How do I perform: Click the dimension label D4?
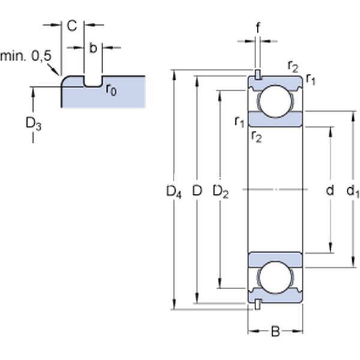173,192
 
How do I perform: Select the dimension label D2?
221,192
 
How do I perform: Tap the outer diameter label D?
197,191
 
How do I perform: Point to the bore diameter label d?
329,191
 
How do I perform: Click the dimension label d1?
353,192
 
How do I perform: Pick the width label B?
275,331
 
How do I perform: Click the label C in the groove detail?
71,25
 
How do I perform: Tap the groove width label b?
93,48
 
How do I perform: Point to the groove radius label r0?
110,90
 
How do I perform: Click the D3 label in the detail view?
33,124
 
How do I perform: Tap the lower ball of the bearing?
275,276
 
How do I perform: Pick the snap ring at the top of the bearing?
257,74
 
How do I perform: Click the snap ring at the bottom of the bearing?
257,304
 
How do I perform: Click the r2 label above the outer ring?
293,66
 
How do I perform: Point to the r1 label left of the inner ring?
240,122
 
